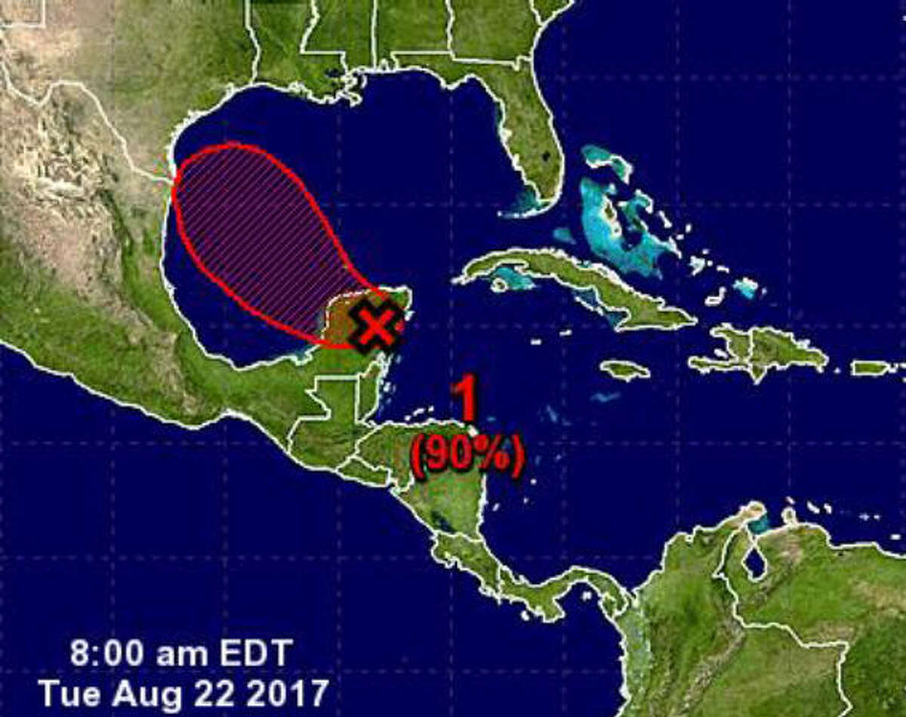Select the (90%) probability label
pyautogui.click(x=467, y=456)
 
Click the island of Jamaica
pyautogui.click(x=625, y=370)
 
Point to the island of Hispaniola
pyautogui.click(x=763, y=351)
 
